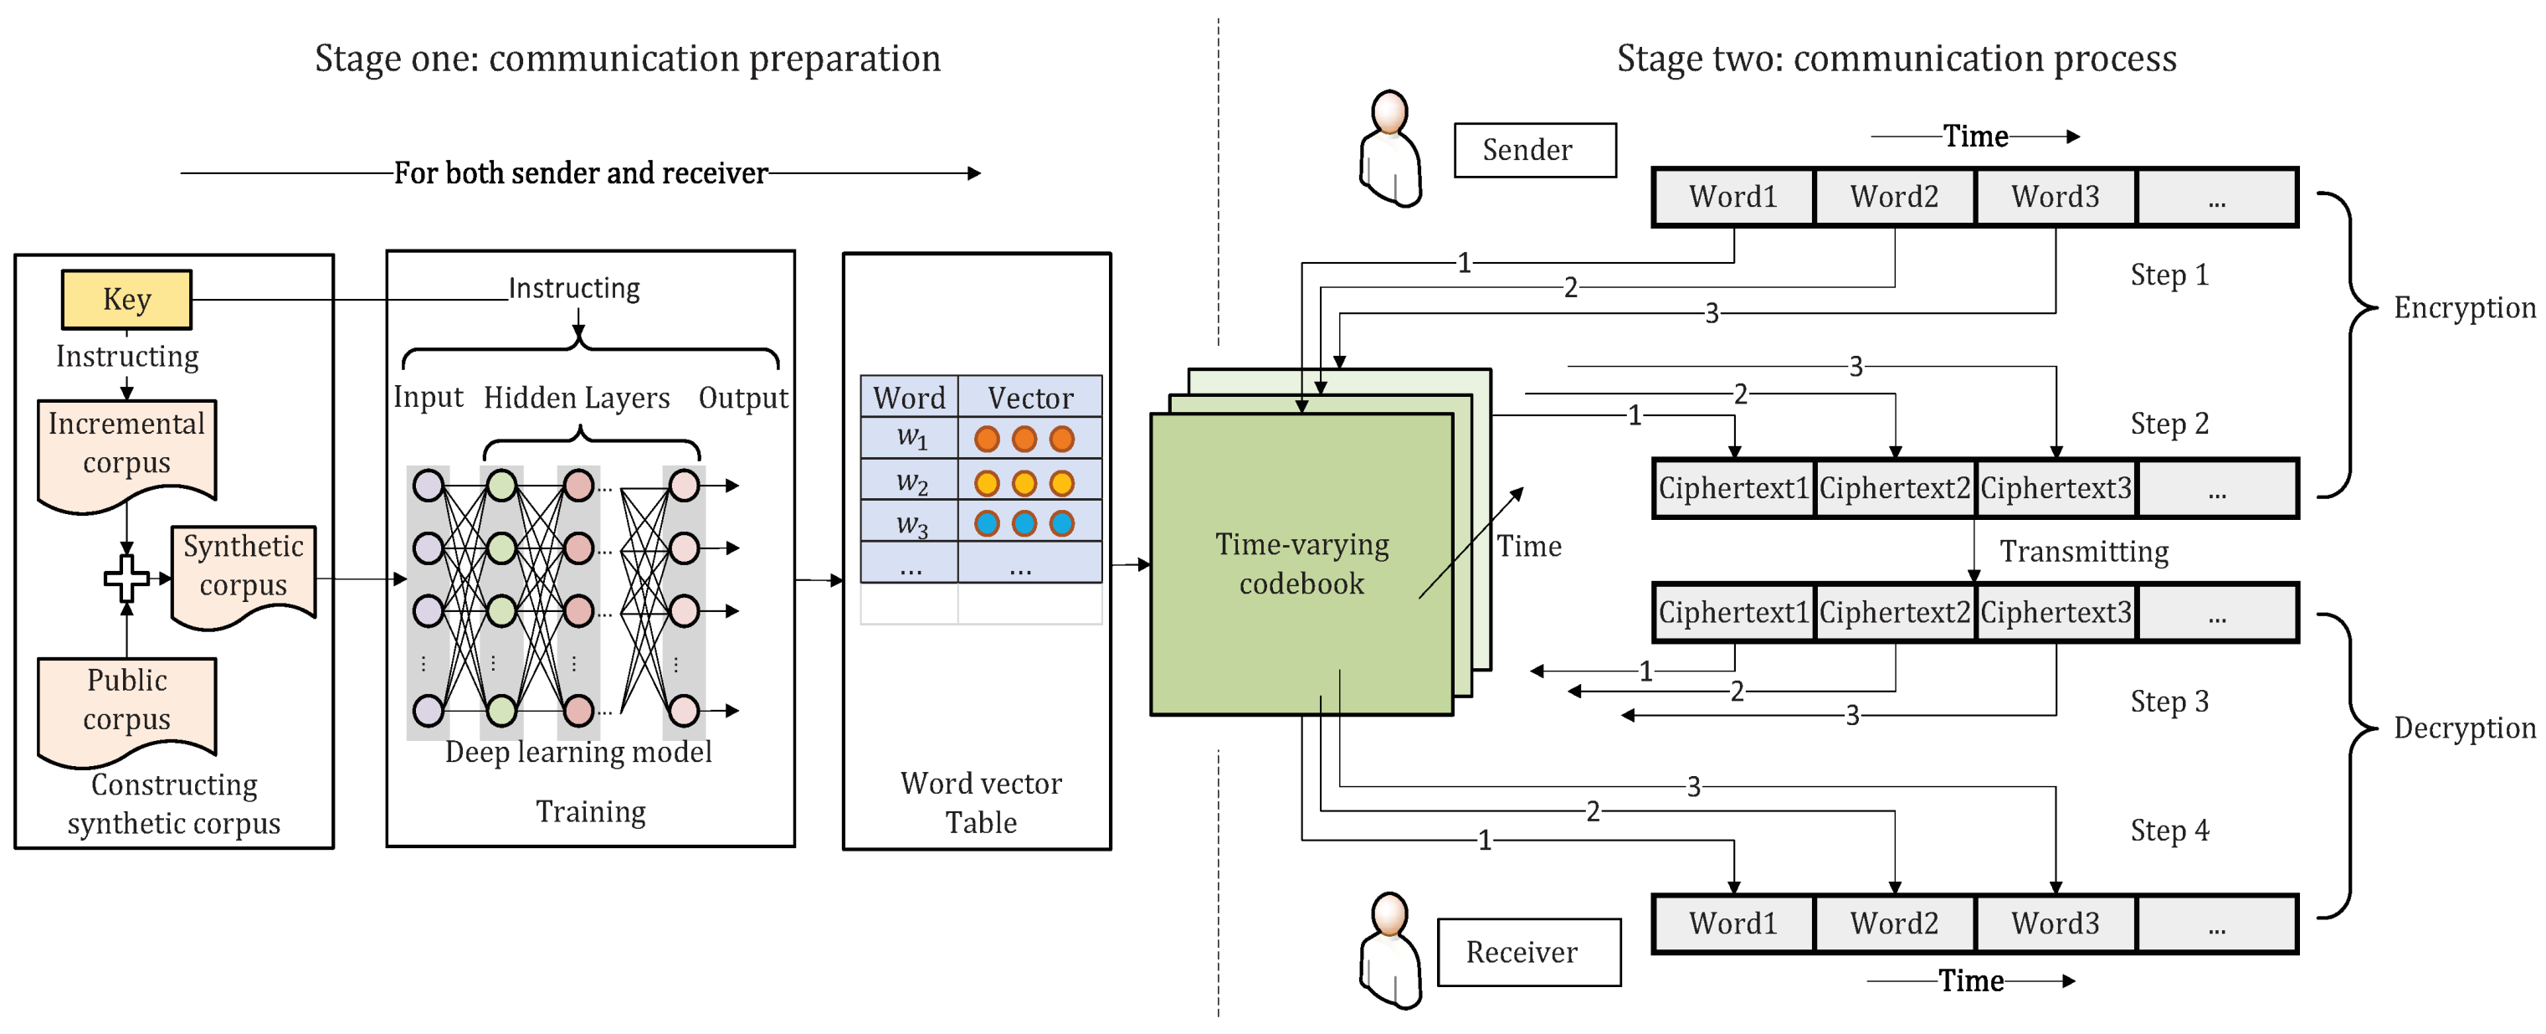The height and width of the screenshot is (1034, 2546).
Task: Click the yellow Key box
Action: coord(126,300)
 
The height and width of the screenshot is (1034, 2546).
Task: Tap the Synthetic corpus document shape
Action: coord(244,574)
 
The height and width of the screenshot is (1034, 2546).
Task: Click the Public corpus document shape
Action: coord(126,710)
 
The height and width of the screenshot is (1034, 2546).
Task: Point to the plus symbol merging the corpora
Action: coord(126,579)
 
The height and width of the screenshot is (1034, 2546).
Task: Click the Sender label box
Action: coord(1535,150)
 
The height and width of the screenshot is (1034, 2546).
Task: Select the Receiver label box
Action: coord(1528,952)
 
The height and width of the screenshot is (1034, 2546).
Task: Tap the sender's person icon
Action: coord(1389,148)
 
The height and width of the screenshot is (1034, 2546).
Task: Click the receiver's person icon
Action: coord(1389,950)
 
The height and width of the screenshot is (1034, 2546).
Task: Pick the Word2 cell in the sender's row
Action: coord(1895,197)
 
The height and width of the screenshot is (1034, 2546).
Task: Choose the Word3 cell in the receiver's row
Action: coord(2056,923)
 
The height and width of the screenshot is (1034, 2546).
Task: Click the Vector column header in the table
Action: coord(1029,398)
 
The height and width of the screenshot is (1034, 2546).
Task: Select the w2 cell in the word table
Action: coord(909,481)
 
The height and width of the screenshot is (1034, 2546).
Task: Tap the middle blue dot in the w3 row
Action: coord(1024,523)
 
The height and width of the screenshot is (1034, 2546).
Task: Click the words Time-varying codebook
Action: coord(1301,563)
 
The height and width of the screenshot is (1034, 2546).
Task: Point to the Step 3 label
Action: coord(2169,701)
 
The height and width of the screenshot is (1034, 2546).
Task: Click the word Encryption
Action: coord(2465,307)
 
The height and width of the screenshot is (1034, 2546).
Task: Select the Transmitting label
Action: coord(2085,551)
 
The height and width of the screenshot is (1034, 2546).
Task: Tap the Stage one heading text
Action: coord(628,59)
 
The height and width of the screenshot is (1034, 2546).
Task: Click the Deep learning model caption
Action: coord(578,753)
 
